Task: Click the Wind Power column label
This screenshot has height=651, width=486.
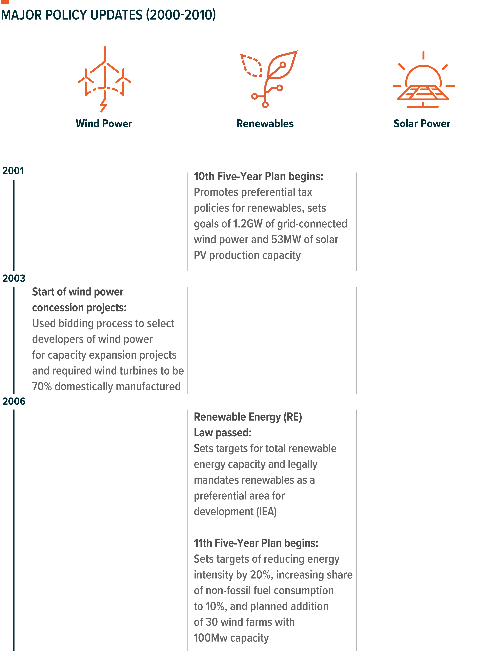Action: [x=104, y=124]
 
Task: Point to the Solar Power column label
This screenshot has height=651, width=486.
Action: [x=422, y=124]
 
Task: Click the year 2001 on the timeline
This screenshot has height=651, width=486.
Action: [x=13, y=171]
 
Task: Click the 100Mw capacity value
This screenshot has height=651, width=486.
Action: [x=211, y=638]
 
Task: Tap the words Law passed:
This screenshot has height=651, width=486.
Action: [x=223, y=433]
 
